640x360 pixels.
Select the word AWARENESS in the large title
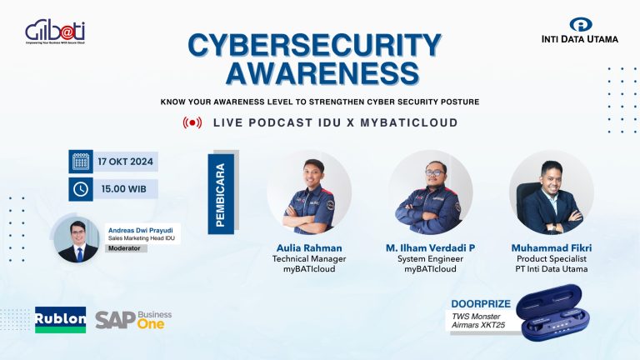[319, 74]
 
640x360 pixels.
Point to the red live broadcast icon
[192, 122]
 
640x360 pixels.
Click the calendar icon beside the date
[81, 161]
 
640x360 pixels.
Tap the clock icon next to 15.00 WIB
[81, 189]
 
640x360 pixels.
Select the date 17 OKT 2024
[125, 161]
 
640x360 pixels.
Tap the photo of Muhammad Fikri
[551, 195]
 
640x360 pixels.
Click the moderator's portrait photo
[77, 239]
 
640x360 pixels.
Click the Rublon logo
[60, 319]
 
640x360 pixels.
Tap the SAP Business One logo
[133, 319]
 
